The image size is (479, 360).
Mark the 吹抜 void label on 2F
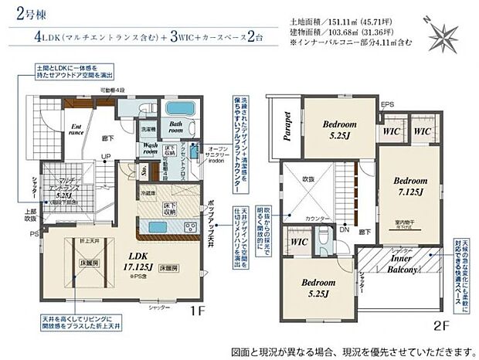pos(309,179)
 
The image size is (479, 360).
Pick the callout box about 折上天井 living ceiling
pos(78,324)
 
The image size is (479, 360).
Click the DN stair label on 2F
pos(344,230)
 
